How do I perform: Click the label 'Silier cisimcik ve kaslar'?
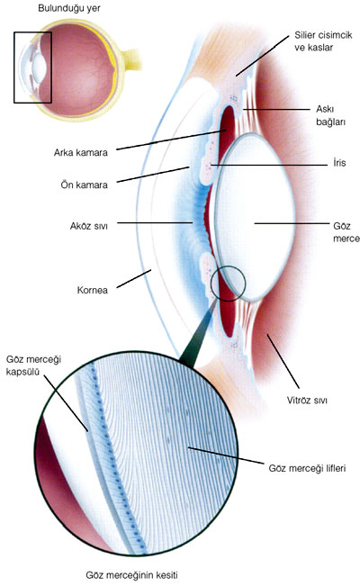[x=323, y=41]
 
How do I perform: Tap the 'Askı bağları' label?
[x=330, y=115]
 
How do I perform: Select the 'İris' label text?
[x=339, y=163]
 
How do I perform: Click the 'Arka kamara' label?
[x=80, y=153]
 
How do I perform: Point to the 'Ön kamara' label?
[x=84, y=185]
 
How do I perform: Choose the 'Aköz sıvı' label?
[x=88, y=226]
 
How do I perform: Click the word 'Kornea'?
[x=93, y=290]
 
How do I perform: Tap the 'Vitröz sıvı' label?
[x=307, y=401]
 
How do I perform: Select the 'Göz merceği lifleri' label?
[x=307, y=468]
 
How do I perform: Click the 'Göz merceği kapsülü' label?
[x=33, y=365]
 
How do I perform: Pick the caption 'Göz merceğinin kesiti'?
[x=131, y=575]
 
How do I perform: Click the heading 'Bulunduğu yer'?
[x=69, y=8]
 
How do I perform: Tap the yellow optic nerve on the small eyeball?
[x=132, y=59]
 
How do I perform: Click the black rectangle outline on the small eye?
[x=14, y=68]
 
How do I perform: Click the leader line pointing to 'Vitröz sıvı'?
[x=283, y=361]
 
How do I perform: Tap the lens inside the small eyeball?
[x=39, y=67]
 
